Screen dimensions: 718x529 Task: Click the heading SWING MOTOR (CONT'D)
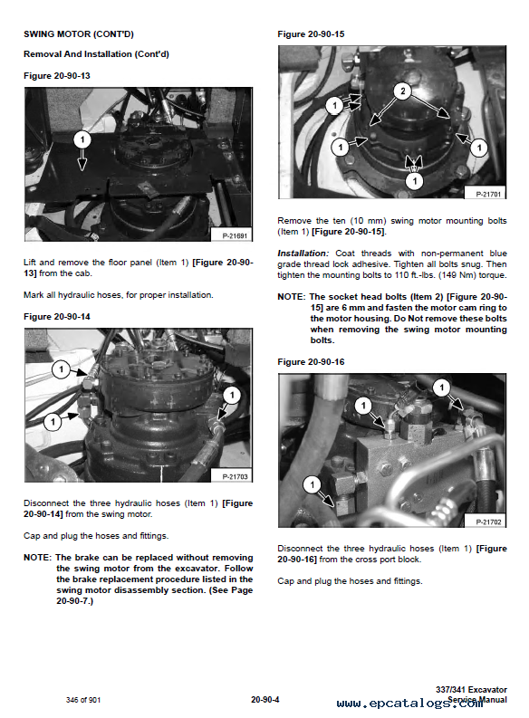coord(78,34)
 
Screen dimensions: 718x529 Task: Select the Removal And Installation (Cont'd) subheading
coord(95,54)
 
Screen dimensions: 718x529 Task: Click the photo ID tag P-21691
coord(235,235)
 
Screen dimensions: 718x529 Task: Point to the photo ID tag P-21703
coord(235,476)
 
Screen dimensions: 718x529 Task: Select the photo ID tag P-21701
coord(489,194)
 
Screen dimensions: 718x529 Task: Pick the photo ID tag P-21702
coord(489,522)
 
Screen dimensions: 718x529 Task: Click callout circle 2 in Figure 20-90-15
coord(402,91)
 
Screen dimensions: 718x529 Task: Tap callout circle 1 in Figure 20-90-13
coord(82,139)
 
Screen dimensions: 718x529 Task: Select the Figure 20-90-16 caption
coord(312,362)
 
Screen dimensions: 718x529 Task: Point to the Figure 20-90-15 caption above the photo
coord(312,34)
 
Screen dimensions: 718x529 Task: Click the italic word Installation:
coord(303,253)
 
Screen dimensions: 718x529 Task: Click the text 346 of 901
coord(85,699)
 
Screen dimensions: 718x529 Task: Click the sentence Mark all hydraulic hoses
coord(119,295)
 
